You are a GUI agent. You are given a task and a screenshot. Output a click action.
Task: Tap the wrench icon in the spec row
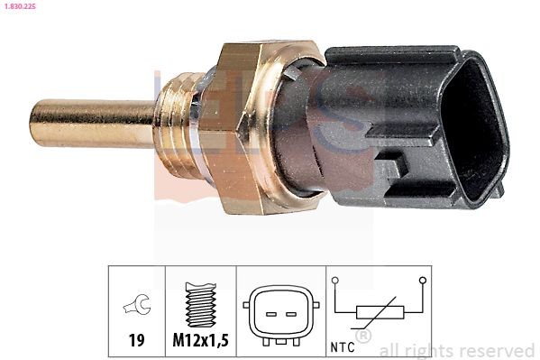[136, 308]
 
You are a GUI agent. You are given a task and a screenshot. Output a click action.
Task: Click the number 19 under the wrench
[136, 341]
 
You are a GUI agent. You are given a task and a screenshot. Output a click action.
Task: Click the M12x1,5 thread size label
[200, 341]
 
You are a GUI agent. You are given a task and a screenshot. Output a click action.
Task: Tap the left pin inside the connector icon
[267, 313]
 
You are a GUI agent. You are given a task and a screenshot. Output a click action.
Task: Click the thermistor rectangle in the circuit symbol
[378, 314]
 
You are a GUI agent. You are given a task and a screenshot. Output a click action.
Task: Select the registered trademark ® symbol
[363, 336]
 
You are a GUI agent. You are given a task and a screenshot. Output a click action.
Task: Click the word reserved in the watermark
[495, 350]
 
